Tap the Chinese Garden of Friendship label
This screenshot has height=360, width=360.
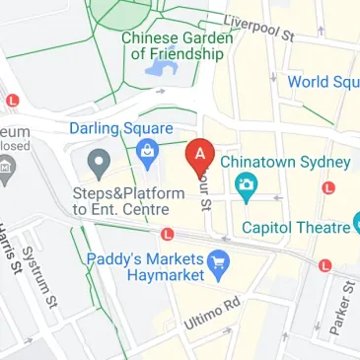(178, 45)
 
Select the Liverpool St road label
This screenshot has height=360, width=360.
(259, 27)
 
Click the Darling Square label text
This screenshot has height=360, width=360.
(121, 128)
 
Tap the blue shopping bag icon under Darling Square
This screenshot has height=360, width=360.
(148, 151)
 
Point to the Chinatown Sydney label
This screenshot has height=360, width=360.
(285, 162)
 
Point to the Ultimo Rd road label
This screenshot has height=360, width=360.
(212, 313)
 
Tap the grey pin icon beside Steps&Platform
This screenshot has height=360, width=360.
(98, 161)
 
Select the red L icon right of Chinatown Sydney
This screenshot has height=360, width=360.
(328, 186)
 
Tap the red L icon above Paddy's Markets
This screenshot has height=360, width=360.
(168, 235)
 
